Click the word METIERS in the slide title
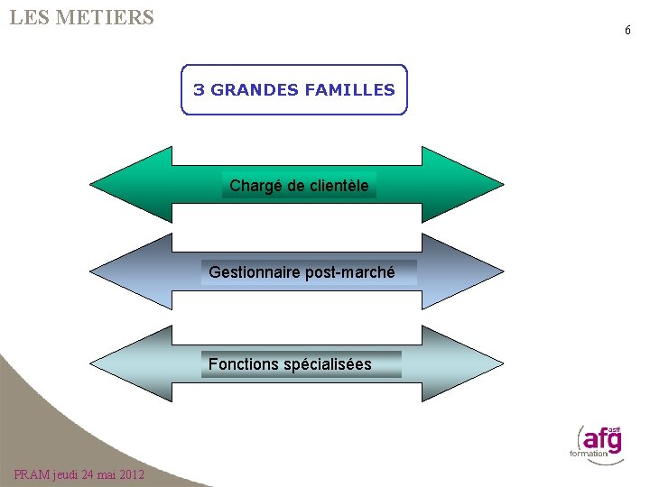(105, 17)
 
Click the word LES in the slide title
(30, 17)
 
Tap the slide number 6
(627, 31)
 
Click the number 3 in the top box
(199, 90)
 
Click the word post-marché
(350, 271)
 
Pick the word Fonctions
(244, 364)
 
